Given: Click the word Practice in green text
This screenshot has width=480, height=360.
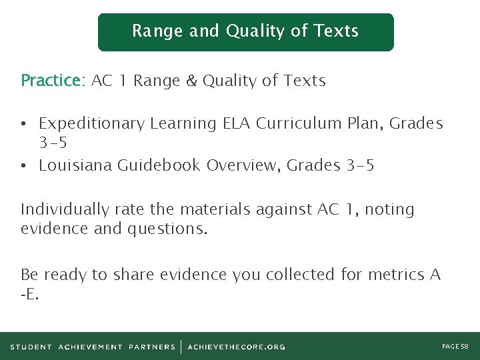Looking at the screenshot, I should (x=50, y=81).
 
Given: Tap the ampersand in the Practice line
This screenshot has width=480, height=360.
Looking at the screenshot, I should (x=191, y=81).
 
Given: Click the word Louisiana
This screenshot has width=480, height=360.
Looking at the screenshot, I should (x=75, y=165).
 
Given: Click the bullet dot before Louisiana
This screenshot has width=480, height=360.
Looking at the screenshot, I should (x=23, y=166).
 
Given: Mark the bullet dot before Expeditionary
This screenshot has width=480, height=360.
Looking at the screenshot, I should (x=23, y=125).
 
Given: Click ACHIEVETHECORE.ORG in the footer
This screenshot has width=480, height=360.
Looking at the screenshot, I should (x=236, y=347).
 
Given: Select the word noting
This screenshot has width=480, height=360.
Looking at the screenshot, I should (x=390, y=210).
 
